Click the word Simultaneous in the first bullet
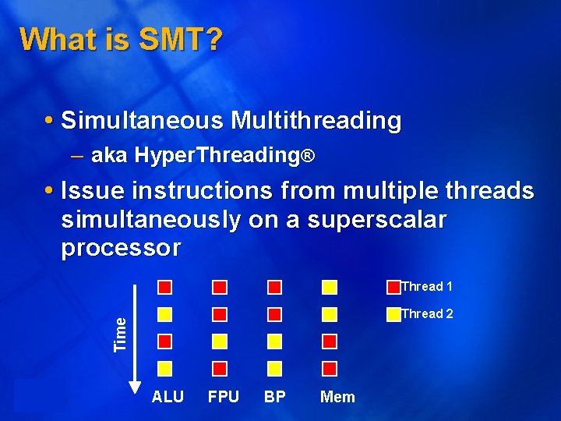139,121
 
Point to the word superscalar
377,220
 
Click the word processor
121,248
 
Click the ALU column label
168,397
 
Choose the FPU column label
224,397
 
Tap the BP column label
274,397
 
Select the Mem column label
337,397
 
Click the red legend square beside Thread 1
393,287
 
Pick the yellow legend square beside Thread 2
393,314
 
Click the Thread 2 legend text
427,314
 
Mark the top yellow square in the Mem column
330,287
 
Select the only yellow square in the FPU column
220,341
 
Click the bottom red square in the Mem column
330,368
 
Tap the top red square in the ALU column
164,287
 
